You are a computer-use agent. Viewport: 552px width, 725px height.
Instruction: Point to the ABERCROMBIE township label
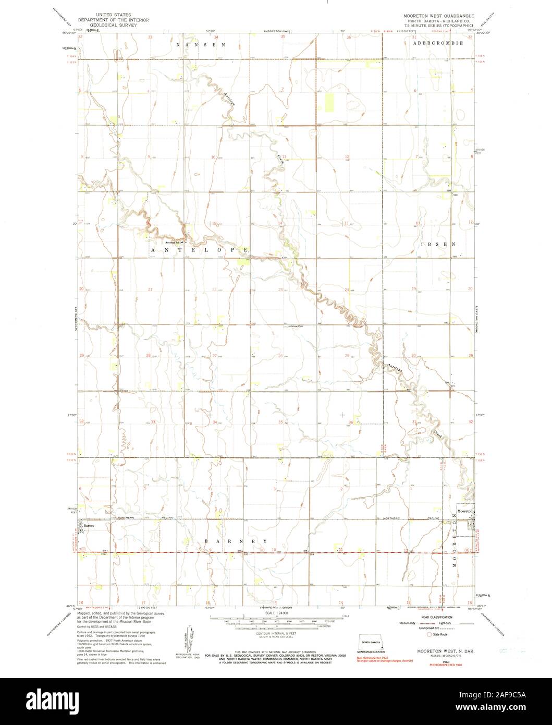tap(437, 44)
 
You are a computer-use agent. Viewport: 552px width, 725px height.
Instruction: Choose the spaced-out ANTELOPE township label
tap(199, 250)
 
